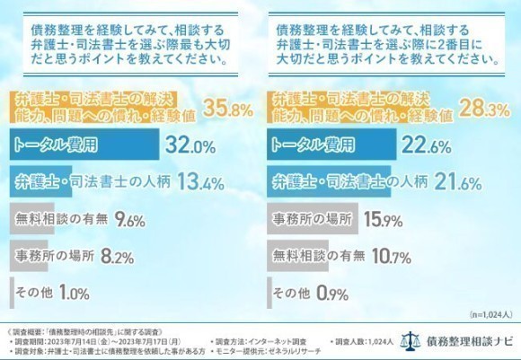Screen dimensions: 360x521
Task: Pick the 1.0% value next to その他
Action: pyautogui.click(x=75, y=293)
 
